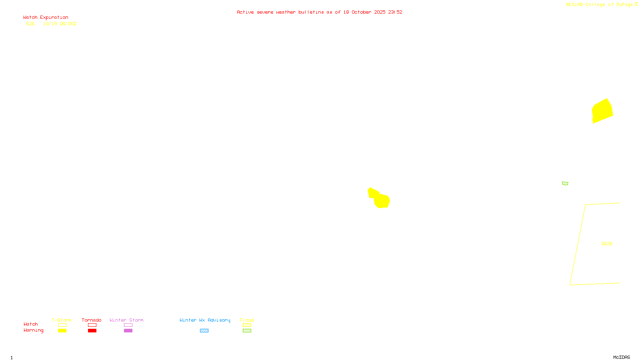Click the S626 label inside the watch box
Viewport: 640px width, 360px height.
[607, 244]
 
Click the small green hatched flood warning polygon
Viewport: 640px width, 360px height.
[565, 184]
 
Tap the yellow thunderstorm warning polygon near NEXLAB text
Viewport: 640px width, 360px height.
[602, 111]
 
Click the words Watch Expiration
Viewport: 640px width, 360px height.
[46, 18]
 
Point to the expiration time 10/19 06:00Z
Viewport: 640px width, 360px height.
[60, 24]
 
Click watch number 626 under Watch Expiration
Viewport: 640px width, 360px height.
[30, 24]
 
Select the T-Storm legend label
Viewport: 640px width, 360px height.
[62, 320]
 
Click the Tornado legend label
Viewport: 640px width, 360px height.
[92, 320]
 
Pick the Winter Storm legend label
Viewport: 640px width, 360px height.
[126, 320]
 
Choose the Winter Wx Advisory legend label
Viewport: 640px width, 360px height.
[205, 320]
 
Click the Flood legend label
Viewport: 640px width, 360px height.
[247, 320]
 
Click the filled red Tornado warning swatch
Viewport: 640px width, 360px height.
[92, 331]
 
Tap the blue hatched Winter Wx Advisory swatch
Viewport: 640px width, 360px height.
[204, 331]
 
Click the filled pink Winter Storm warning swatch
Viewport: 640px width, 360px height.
[128, 331]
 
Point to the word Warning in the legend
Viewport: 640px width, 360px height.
[33, 330]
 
